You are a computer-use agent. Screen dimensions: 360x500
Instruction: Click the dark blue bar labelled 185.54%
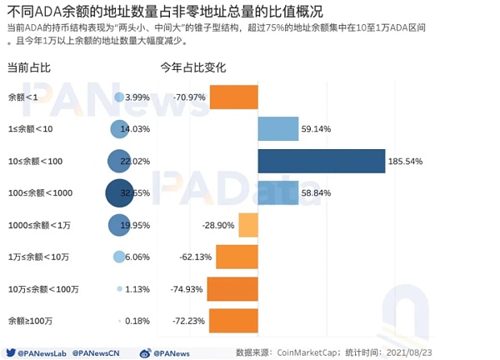[x=322, y=161]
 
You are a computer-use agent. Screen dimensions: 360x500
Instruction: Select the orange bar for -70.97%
[x=233, y=97]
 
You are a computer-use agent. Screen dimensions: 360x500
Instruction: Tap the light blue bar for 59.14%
[x=278, y=129]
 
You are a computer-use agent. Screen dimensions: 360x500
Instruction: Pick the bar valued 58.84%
[x=278, y=193]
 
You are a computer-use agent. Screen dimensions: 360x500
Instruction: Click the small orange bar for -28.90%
[x=248, y=225]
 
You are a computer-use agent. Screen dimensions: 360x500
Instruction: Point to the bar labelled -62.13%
[x=237, y=257]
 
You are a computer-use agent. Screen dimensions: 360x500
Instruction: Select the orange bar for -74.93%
[x=232, y=289]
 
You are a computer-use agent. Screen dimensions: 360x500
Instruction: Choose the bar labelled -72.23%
[x=233, y=321]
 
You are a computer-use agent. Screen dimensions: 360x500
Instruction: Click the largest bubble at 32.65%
[x=120, y=193]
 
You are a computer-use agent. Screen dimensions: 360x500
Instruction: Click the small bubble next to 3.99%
[x=119, y=97]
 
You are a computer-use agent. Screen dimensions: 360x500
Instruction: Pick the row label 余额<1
[x=22, y=97]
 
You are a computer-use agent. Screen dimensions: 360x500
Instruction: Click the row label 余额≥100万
[x=31, y=321]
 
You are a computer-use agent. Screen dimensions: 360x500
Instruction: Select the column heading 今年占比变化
[x=192, y=67]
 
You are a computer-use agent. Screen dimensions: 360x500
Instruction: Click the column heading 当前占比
[x=28, y=67]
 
